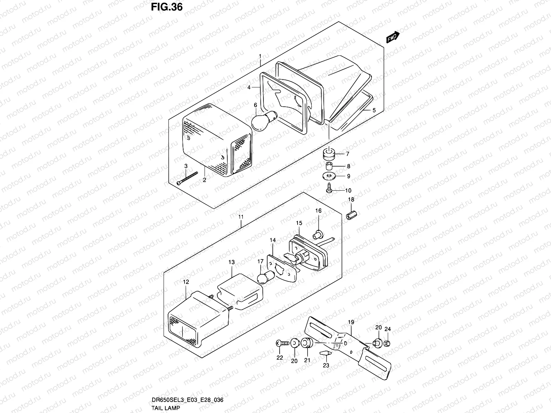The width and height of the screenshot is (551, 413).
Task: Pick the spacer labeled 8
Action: click(x=329, y=166)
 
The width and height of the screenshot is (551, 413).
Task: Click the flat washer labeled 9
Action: click(x=329, y=176)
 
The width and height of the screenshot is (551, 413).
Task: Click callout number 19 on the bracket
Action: click(x=351, y=322)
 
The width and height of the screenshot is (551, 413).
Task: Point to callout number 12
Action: click(x=186, y=282)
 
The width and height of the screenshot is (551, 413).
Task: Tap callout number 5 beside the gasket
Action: click(x=374, y=110)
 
